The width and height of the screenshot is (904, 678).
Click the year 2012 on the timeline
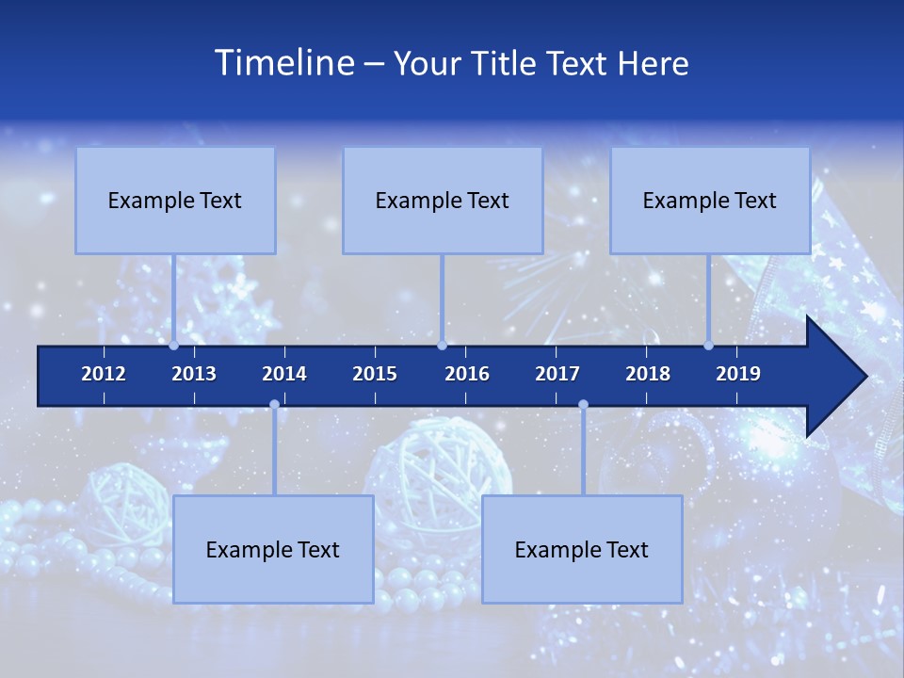104,374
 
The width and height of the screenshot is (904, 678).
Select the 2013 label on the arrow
194,374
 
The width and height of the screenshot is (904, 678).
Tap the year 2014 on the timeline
284,374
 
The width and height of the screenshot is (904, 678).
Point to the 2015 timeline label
375,374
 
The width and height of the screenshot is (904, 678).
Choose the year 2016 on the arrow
467,374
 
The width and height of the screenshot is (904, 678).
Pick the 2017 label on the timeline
557,374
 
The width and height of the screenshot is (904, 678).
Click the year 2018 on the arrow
648,374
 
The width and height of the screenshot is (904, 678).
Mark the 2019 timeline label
738,374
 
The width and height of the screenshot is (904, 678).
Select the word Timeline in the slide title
283,63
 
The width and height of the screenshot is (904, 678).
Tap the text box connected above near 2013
175,201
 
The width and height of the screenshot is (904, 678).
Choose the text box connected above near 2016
443,201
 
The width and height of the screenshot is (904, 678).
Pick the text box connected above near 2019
710,201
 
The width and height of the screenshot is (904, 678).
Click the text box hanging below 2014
273,549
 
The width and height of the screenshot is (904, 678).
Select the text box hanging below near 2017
582,549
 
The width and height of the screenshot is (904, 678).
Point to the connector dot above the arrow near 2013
174,346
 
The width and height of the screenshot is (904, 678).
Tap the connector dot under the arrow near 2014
274,405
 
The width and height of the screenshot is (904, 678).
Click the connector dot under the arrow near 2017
583,405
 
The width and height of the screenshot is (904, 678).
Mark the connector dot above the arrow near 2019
709,346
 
